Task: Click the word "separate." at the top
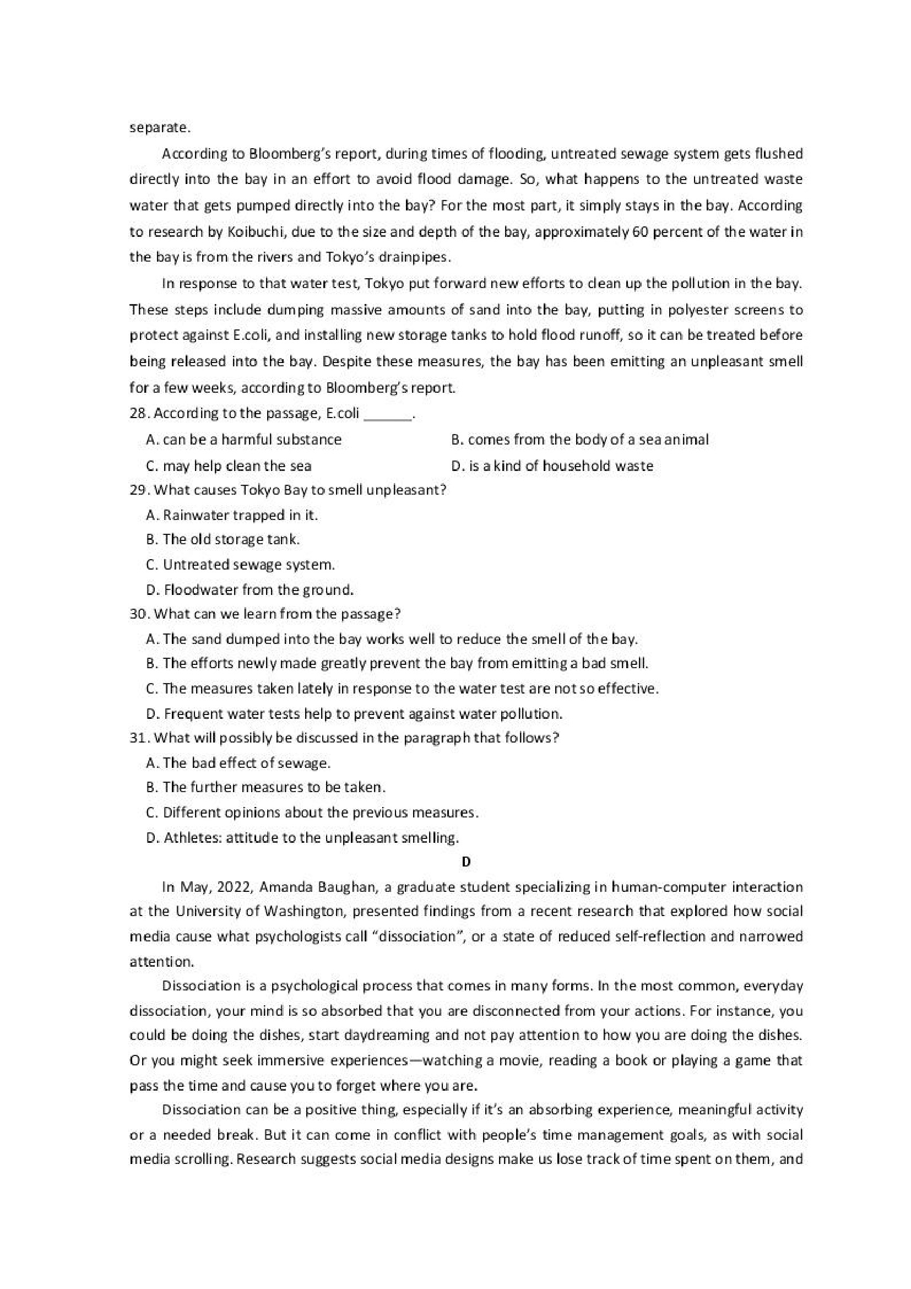pos(160,127)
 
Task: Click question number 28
pos(139,413)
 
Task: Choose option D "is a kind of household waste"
pos(552,466)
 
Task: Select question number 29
pos(139,490)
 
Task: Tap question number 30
pos(139,614)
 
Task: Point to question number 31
pos(139,738)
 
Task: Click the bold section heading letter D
pos(465,862)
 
